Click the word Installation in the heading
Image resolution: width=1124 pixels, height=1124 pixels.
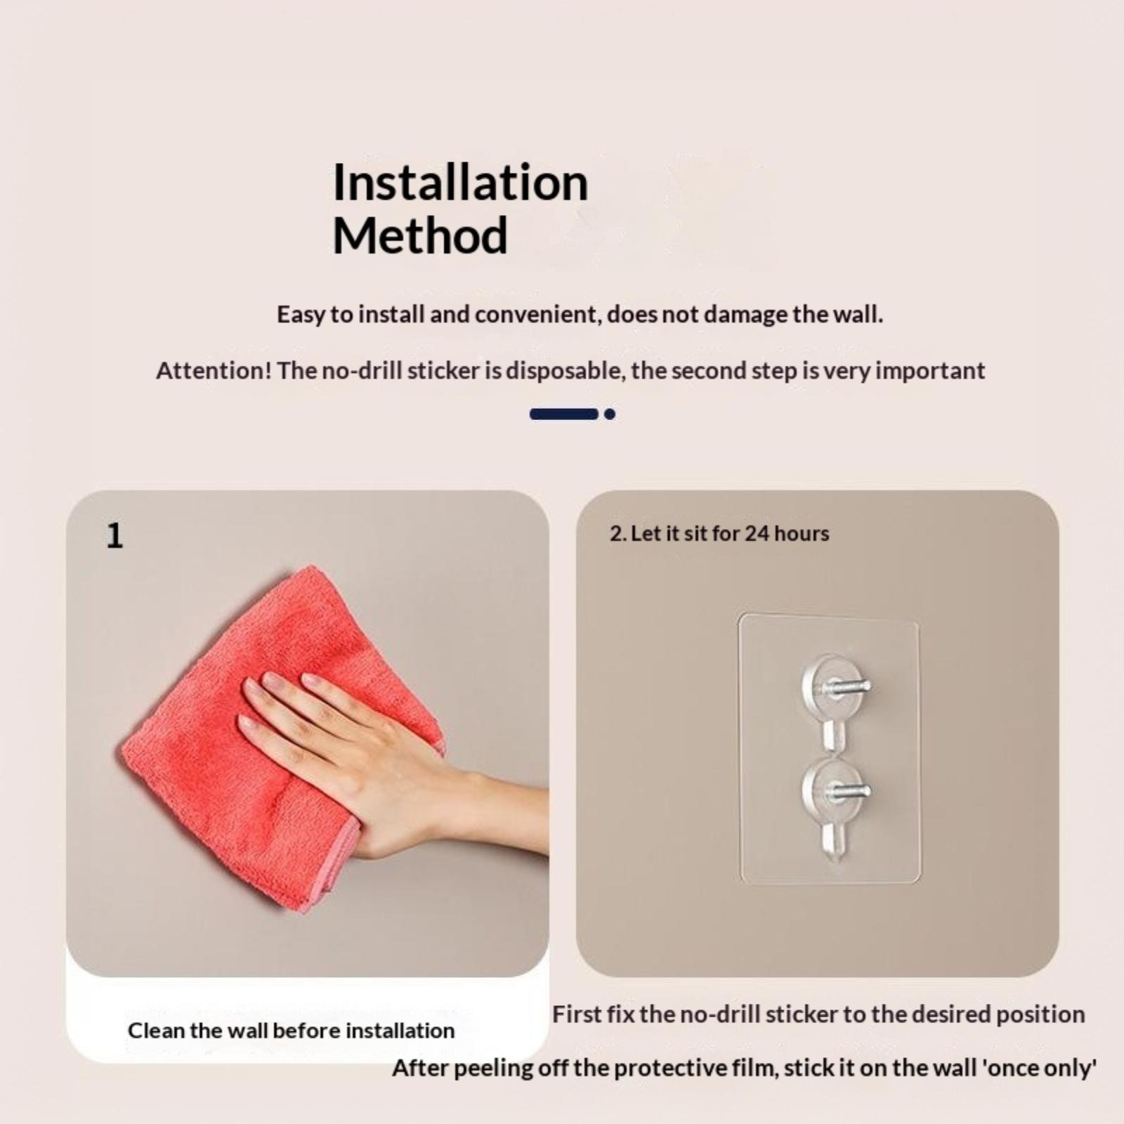460,182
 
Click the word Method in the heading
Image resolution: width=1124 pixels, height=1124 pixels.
420,235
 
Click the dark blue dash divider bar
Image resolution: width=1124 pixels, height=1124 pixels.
563,414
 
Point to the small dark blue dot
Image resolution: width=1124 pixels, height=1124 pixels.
610,414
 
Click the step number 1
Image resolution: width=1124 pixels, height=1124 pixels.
115,536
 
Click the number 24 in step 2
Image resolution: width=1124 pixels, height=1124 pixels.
757,533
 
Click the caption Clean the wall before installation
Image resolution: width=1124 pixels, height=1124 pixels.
291,1031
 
